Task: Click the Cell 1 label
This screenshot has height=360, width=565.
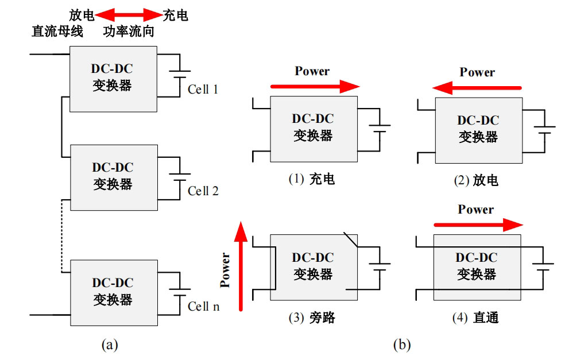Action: [x=203, y=89]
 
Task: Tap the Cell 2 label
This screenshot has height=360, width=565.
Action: [x=203, y=191]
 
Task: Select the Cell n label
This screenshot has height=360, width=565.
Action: [x=203, y=306]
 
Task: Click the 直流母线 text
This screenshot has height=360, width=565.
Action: [x=57, y=31]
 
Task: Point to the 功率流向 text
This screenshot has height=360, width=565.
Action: [x=129, y=32]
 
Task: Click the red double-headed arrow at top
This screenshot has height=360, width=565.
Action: [x=129, y=15]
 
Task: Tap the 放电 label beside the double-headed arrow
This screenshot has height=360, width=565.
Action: [x=82, y=15]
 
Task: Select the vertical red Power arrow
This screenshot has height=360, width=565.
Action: [x=241, y=266]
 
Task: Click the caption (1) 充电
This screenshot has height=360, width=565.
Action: [x=312, y=179]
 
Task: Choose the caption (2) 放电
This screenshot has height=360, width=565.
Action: [x=476, y=180]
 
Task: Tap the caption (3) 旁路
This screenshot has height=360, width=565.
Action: [x=312, y=318]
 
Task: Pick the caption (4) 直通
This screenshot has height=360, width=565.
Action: [x=475, y=318]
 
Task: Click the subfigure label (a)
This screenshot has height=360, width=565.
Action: [x=110, y=345]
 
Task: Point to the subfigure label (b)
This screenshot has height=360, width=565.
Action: [x=402, y=345]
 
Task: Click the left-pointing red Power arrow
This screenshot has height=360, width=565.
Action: [x=477, y=88]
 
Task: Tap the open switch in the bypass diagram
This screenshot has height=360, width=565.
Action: [x=351, y=239]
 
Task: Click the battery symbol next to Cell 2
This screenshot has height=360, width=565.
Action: [x=180, y=177]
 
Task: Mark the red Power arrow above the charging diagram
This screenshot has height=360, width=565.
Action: [x=315, y=87]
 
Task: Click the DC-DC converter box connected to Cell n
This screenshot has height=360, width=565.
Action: [x=114, y=293]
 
